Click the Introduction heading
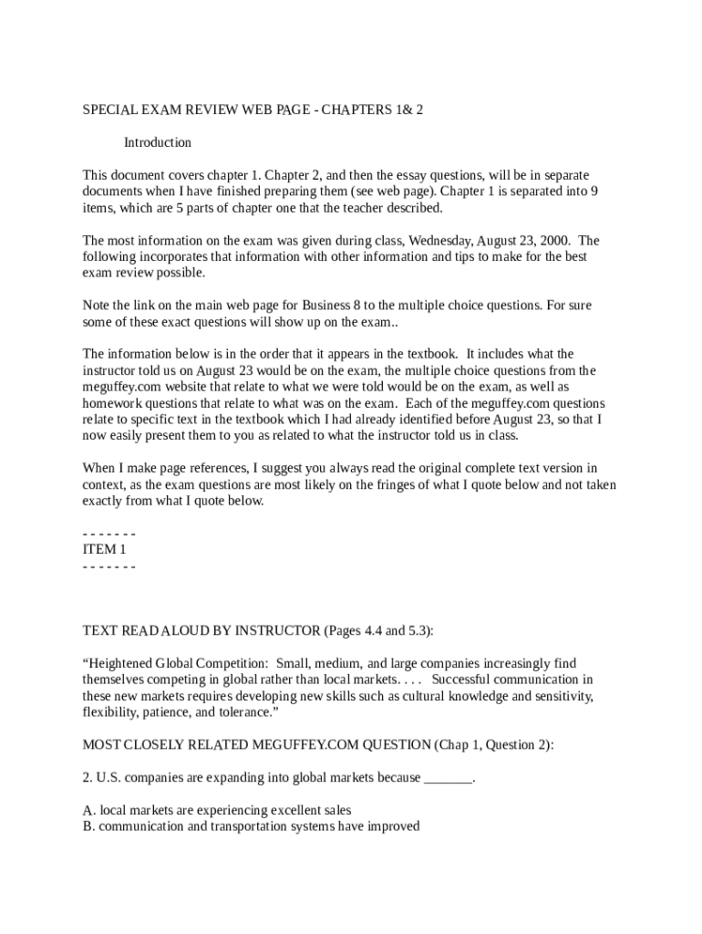tap(158, 142)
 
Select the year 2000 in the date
tap(555, 241)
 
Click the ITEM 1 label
tap(105, 549)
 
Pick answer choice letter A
tap(88, 810)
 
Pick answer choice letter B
tap(88, 826)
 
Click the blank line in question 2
tap(449, 778)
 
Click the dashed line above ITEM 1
tap(108, 534)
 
